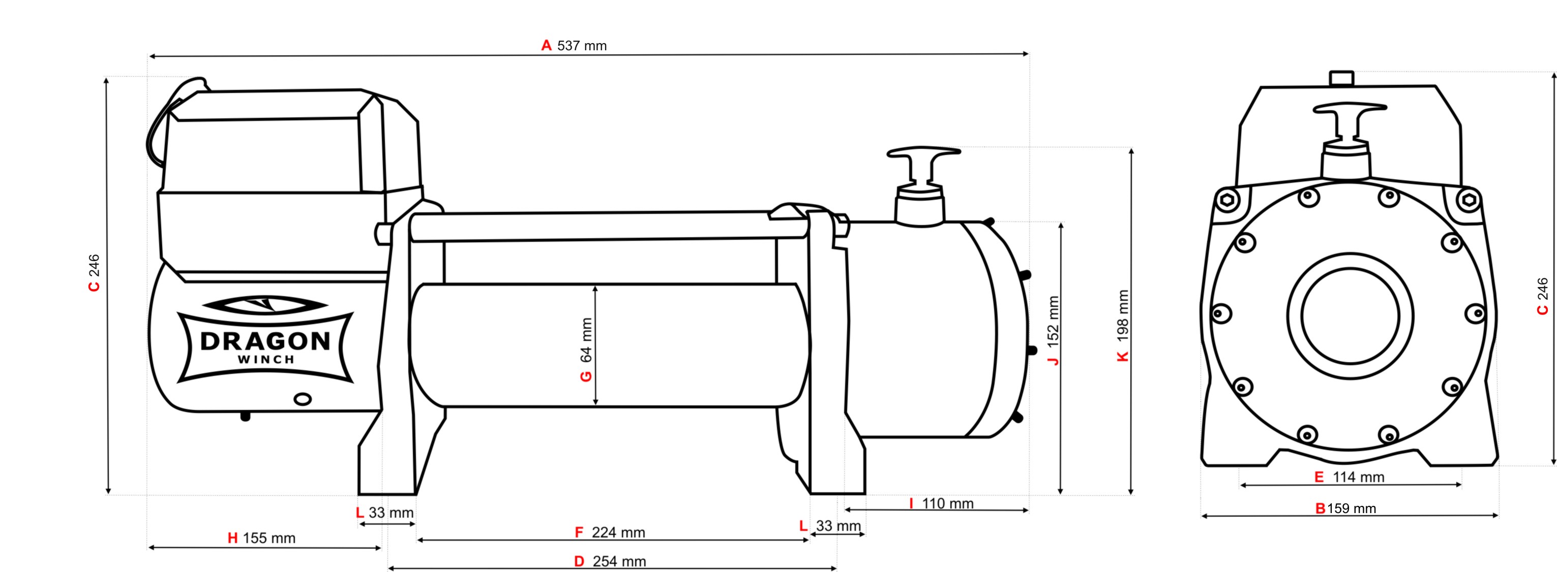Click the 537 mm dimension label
[581, 46]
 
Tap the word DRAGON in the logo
[265, 341]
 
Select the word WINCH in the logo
[266, 359]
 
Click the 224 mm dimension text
[618, 533]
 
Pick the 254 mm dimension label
[619, 562]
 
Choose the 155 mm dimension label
[269, 538]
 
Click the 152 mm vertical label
[1053, 322]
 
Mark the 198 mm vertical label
[1122, 316]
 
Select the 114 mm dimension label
[1358, 477]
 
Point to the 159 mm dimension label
[1352, 509]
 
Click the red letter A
[547, 46]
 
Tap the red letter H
[233, 538]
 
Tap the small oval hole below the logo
[302, 399]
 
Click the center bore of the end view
[1350, 316]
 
